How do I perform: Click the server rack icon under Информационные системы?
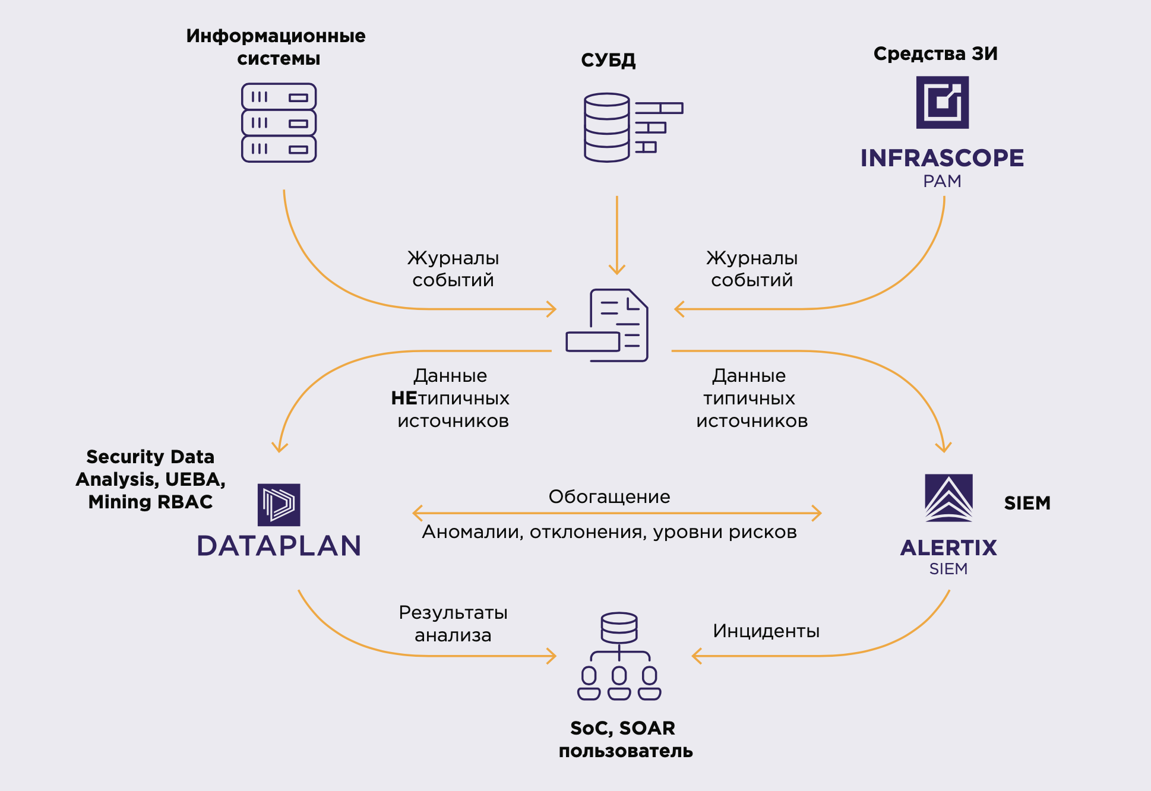pyautogui.click(x=279, y=123)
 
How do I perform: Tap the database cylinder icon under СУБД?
pyautogui.click(x=606, y=127)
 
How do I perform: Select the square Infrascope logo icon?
pyautogui.click(x=942, y=102)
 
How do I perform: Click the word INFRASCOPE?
pyautogui.click(x=942, y=158)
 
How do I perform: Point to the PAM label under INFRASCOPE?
pyautogui.click(x=942, y=181)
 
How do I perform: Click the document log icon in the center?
pyautogui.click(x=608, y=325)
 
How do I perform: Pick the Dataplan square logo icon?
pyautogui.click(x=279, y=505)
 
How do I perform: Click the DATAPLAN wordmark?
pyautogui.click(x=279, y=546)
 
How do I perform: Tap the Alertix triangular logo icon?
pyautogui.click(x=948, y=498)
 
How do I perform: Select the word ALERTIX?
pyautogui.click(x=948, y=548)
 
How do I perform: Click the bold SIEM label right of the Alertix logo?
pyautogui.click(x=1027, y=504)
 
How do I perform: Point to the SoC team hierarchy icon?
pyautogui.click(x=619, y=656)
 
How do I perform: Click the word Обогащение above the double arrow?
pyautogui.click(x=609, y=496)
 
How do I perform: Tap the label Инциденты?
pyautogui.click(x=766, y=631)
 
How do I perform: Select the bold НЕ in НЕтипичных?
pyautogui.click(x=404, y=398)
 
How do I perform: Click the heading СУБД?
pyautogui.click(x=608, y=60)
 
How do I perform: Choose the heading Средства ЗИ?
pyautogui.click(x=935, y=54)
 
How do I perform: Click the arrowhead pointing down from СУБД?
pyautogui.click(x=617, y=268)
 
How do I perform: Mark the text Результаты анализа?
pyautogui.click(x=453, y=624)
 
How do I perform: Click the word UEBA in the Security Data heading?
pyautogui.click(x=194, y=479)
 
